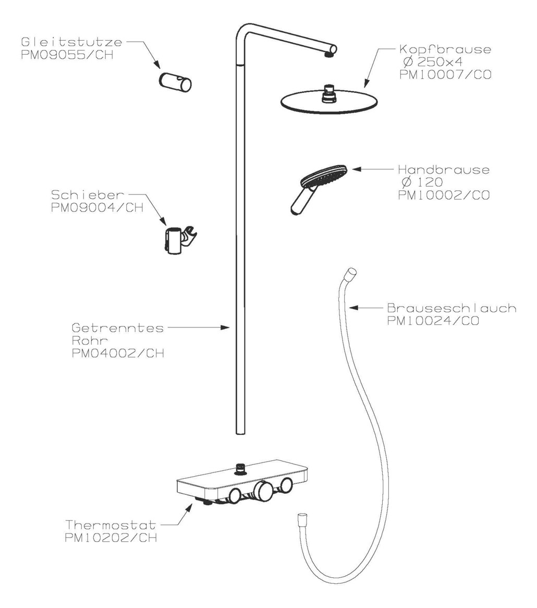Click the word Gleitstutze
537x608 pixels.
point(72,42)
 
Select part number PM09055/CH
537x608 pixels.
point(67,55)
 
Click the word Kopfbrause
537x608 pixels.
point(445,50)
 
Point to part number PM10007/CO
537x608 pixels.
point(445,74)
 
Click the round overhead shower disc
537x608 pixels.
point(329,102)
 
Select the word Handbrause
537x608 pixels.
point(444,169)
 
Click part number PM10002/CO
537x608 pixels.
point(444,194)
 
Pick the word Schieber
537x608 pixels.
point(88,194)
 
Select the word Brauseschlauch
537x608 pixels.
point(451,308)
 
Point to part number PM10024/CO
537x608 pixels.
point(433,321)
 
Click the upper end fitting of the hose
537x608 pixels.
point(352,273)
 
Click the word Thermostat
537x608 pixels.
point(111,525)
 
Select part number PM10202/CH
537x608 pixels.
point(111,538)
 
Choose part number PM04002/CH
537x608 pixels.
point(118,353)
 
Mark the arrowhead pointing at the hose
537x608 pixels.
point(352,308)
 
